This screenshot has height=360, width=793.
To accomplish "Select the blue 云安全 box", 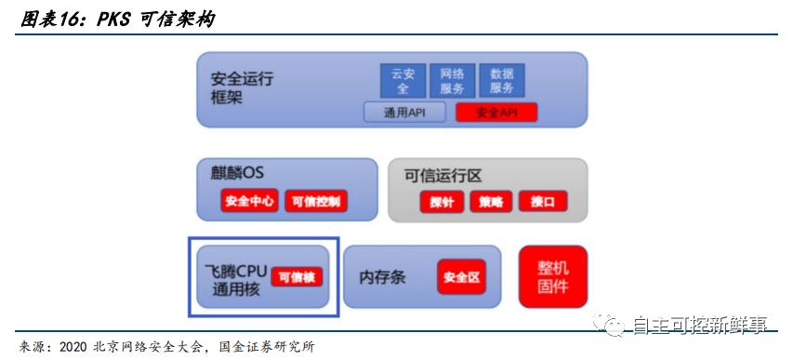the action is pos(402,81).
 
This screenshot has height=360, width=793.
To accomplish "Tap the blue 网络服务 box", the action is pos(452,81).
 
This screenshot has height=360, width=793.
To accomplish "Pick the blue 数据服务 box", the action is pos(502,81).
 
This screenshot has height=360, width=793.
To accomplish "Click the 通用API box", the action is pos(404,113).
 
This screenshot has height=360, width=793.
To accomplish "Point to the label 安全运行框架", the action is pos(242,87).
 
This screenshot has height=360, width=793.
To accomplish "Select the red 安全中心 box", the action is pos(249,200).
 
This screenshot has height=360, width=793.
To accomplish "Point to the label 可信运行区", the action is pos(442,175).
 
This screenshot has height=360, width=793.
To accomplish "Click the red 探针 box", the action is pos(441,201).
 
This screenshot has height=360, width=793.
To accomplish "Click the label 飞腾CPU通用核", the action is pos(234,279).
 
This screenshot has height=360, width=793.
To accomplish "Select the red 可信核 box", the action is pos(297,276).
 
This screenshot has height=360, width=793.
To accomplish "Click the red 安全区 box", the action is pos(461,277).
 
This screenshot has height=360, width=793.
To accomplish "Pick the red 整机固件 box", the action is pos(553,277).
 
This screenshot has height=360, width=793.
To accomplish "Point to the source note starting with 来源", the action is pos(167,348).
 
